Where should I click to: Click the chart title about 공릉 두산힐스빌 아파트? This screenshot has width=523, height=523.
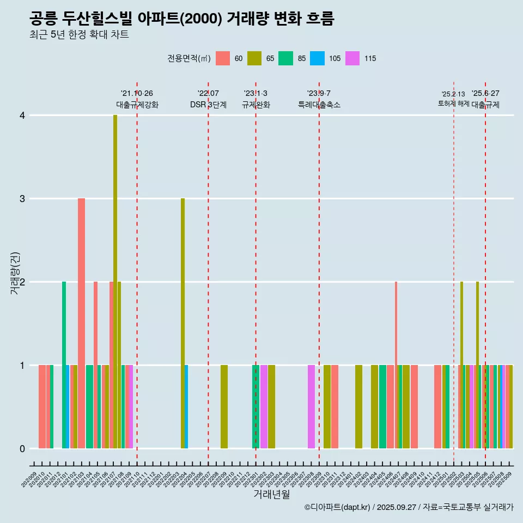(181, 19)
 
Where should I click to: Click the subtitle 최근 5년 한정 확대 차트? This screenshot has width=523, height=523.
(79, 35)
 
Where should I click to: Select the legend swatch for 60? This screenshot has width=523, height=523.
(223, 58)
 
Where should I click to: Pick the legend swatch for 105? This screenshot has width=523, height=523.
(317, 58)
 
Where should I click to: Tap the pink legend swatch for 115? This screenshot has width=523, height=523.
(352, 58)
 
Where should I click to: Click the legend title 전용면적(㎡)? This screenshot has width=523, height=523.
(188, 58)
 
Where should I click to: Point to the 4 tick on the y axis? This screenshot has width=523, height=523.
(22, 115)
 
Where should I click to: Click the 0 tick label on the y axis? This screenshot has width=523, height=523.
(22, 448)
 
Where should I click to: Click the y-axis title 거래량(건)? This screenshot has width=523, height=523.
(15, 272)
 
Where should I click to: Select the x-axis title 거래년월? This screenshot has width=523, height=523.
(271, 494)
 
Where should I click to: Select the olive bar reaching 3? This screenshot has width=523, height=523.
(183, 321)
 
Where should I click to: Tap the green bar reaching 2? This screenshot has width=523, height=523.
(64, 365)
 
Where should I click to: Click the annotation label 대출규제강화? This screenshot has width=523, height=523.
(137, 105)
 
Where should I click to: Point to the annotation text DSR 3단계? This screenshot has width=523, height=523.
(208, 105)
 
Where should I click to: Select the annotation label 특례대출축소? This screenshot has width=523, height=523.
(319, 105)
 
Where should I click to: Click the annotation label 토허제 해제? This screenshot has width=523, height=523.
(453, 104)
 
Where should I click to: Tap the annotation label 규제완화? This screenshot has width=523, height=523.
(256, 105)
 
